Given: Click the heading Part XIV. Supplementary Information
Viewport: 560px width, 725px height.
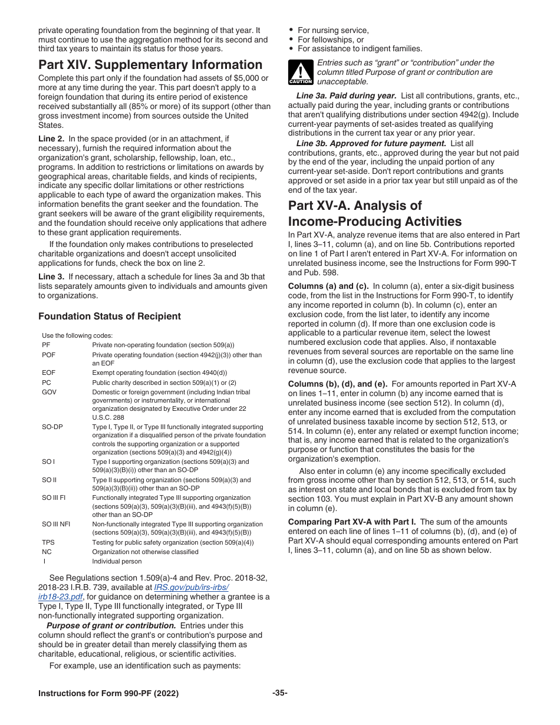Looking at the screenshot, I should tap(150, 65).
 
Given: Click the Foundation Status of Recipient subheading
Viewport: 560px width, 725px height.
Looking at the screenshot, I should tap(110, 316).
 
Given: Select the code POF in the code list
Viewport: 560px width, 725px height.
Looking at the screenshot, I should tap(49, 355).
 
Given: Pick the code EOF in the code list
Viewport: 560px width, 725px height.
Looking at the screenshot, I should tap(48, 373).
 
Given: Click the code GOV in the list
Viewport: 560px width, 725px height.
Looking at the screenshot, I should tap(49, 392).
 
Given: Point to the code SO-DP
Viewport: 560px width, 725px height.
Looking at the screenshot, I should tap(52, 427).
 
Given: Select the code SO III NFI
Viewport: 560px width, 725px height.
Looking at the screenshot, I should tap(57, 524).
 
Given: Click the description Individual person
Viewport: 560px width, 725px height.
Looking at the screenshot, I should tap(117, 561).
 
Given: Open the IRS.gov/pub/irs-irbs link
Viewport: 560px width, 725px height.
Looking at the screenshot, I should tap(191, 587).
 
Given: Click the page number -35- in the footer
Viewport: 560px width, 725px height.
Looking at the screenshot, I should tap(279, 693).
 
